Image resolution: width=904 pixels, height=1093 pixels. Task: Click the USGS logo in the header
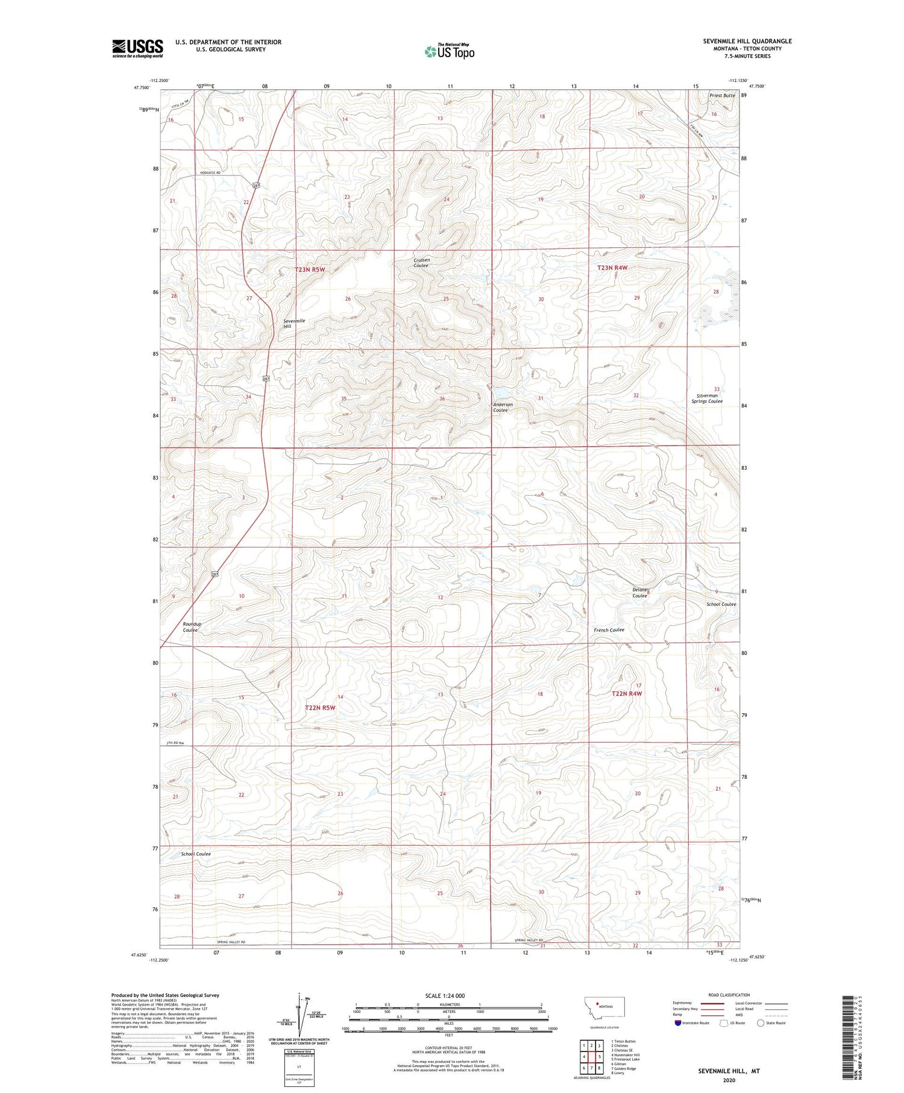(137, 48)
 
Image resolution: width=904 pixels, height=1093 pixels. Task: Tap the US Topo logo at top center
(449, 51)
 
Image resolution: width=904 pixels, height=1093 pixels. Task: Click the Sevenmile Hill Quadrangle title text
(747, 41)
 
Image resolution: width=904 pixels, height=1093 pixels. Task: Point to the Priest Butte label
(722, 96)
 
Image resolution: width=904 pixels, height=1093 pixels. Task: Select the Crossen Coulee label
(421, 263)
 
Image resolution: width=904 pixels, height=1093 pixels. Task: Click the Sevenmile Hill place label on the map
(294, 324)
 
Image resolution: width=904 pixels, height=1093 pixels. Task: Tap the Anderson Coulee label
(503, 408)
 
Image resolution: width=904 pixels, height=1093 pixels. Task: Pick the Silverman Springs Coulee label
(706, 398)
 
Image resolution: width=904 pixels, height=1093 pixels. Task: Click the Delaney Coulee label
(639, 593)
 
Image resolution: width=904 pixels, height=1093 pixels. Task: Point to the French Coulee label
(609, 630)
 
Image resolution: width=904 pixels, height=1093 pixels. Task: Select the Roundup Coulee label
(190, 627)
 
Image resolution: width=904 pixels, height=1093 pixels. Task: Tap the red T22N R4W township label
(627, 694)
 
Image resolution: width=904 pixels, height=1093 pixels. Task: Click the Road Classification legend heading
(729, 995)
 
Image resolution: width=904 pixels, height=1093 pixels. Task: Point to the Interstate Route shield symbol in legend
(678, 1023)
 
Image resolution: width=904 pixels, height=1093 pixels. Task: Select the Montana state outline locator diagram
(604, 1007)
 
